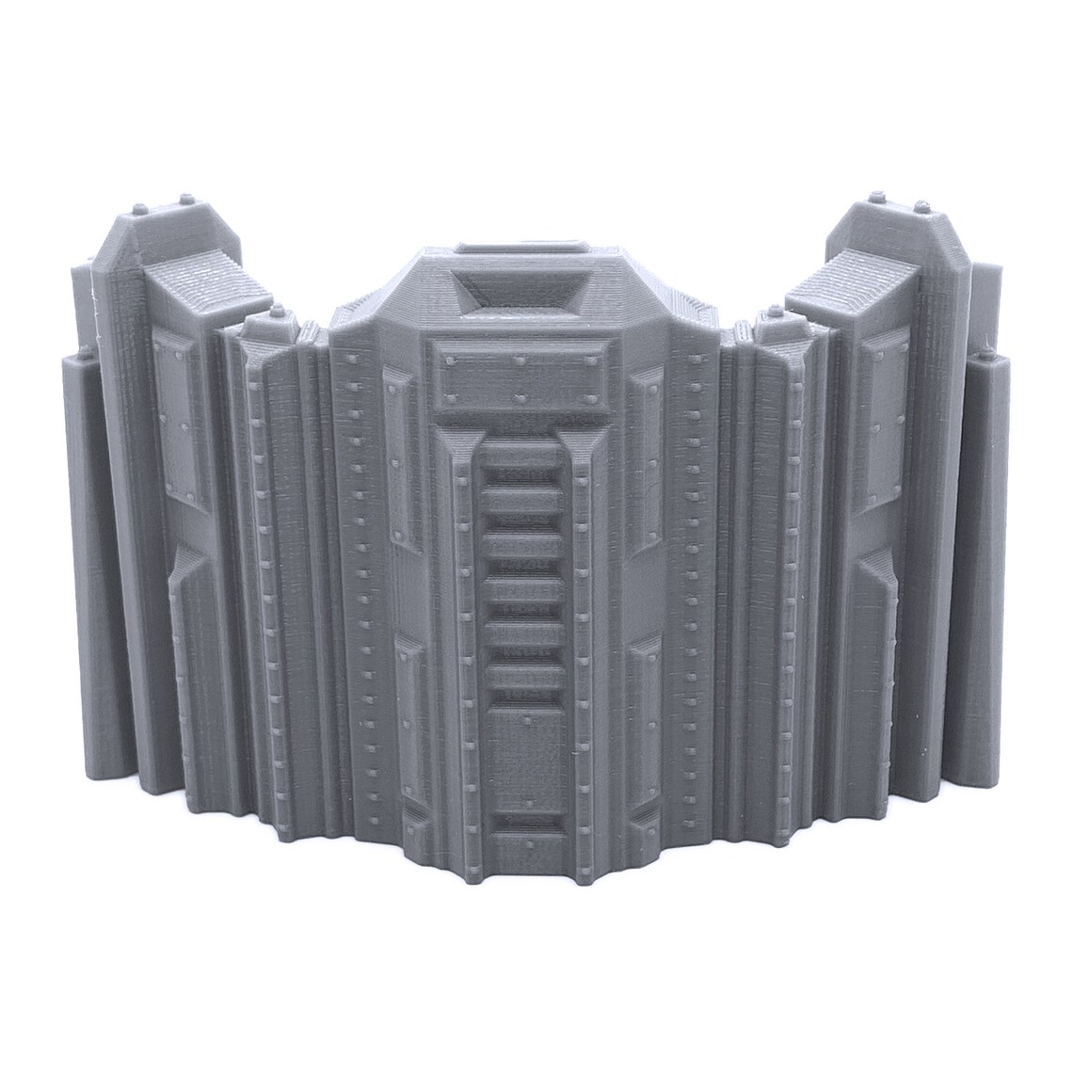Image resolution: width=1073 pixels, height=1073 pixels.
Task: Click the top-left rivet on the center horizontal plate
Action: pyautogui.click(x=450, y=359)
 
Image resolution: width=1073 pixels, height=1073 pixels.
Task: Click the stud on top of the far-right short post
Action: pyautogui.click(x=984, y=356)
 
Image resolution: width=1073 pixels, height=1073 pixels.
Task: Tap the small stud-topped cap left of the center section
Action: pyautogui.click(x=276, y=312)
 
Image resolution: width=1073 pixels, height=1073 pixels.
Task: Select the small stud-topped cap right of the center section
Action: pyautogui.click(x=774, y=312)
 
